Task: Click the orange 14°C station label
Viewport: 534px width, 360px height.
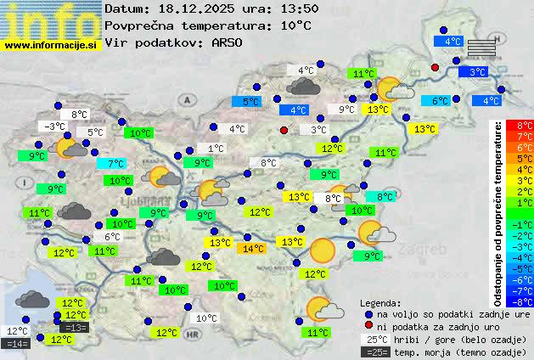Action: click(253, 249)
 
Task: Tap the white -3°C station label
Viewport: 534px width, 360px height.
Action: click(54, 127)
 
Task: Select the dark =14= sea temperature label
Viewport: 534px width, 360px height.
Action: click(17, 344)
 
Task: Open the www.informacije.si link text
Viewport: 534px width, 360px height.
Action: click(50, 44)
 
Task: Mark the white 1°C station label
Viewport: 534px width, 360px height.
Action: click(216, 149)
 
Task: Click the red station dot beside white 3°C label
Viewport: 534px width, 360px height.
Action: click(284, 130)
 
